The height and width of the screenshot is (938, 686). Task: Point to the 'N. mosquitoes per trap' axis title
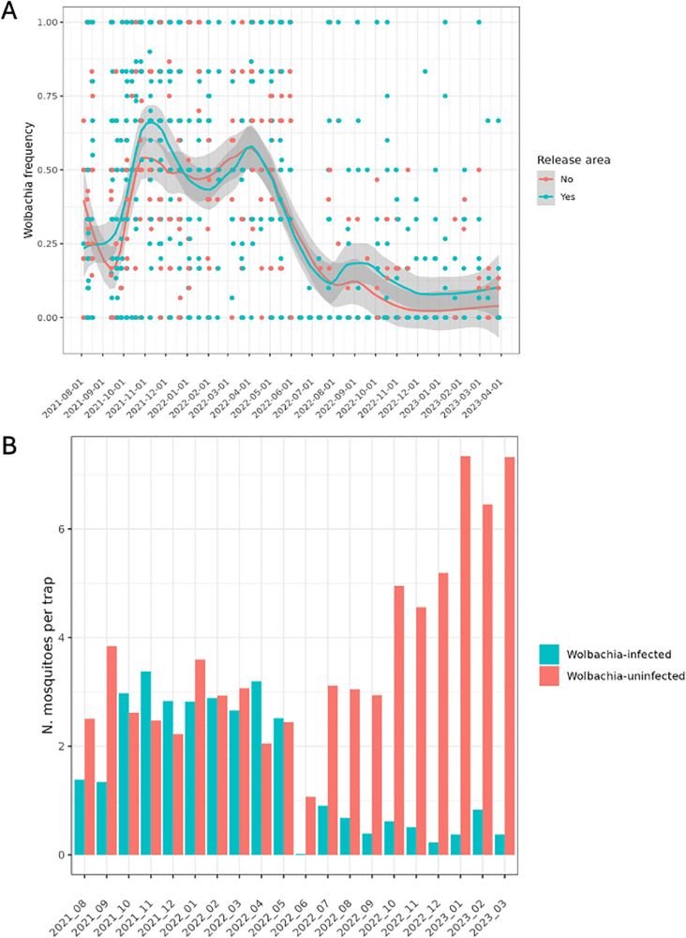point(38,653)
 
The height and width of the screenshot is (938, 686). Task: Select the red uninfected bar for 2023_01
point(464,656)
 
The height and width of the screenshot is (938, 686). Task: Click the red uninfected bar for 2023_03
point(509,656)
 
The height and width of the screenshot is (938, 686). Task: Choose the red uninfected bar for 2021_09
point(112,750)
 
